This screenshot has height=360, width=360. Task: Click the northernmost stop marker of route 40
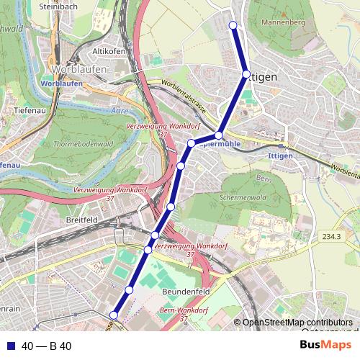(x=233, y=26)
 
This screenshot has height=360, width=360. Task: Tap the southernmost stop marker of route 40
(x=113, y=315)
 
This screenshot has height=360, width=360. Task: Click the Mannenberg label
(x=284, y=23)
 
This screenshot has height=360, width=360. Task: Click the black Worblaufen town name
(x=80, y=69)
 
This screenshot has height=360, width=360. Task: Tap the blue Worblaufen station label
(x=62, y=84)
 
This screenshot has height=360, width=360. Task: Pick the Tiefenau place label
(x=30, y=111)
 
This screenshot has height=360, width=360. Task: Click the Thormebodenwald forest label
(x=84, y=144)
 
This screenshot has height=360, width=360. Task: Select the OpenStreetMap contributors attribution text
(x=297, y=322)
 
